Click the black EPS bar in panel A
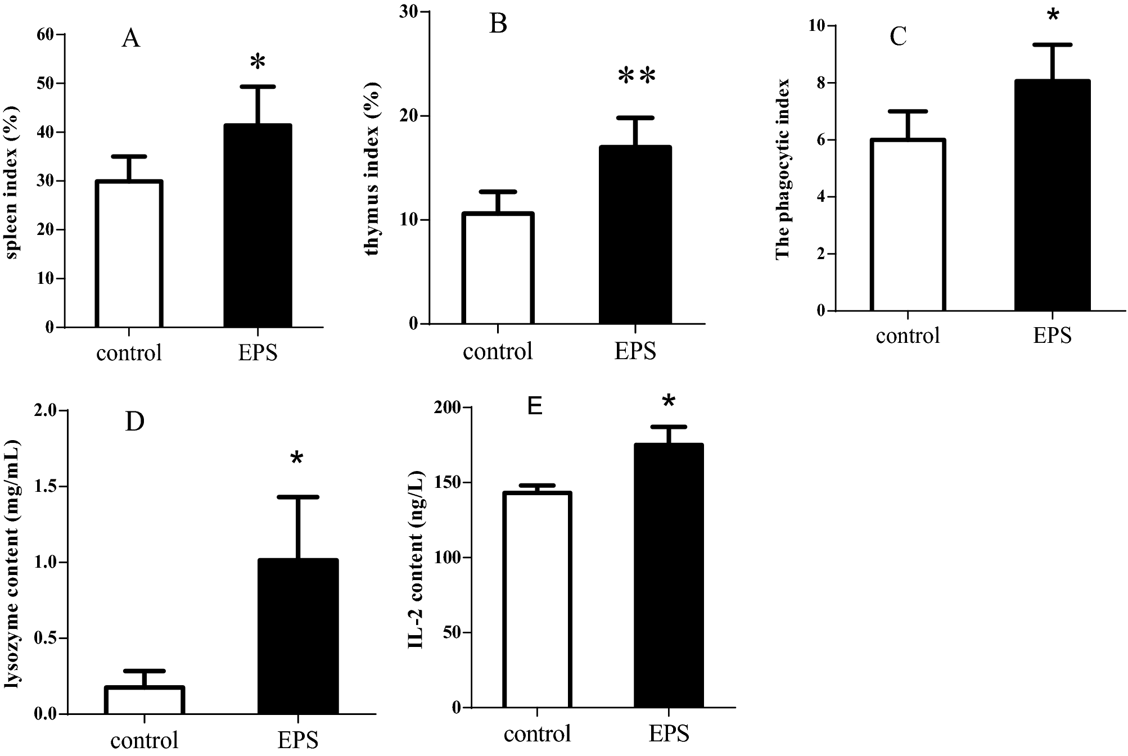pyautogui.click(x=258, y=225)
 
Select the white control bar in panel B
pyautogui.click(x=498, y=268)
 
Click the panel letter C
pyautogui.click(x=898, y=37)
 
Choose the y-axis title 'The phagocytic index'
pyautogui.click(x=783, y=169)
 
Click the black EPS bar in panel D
pyautogui.click(x=298, y=636)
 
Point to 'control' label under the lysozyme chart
pyautogui.click(x=145, y=740)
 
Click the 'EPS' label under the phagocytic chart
pyautogui.click(x=1052, y=336)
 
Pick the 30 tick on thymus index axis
pyautogui.click(x=410, y=12)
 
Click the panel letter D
pyautogui.click(x=134, y=422)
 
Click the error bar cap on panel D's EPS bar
pyautogui.click(x=298, y=497)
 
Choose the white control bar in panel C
pyautogui.click(x=908, y=225)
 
